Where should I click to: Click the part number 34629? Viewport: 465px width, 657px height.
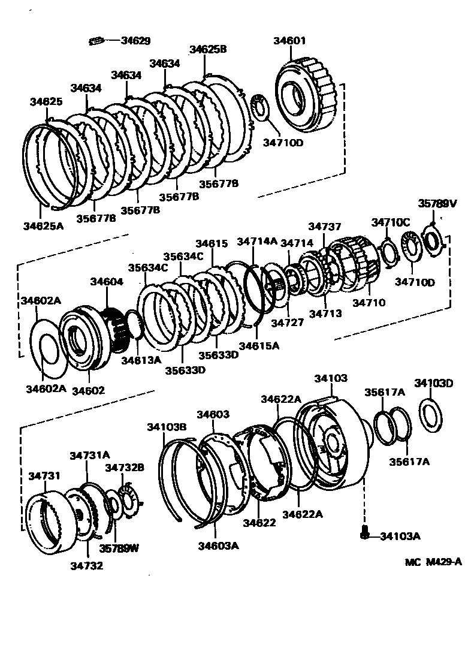click(135, 41)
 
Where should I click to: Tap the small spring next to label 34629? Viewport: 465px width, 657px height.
click(96, 41)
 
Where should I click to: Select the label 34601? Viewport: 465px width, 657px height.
click(289, 41)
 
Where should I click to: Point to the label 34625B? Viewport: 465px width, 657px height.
click(208, 50)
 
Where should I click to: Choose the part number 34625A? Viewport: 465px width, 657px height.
click(43, 226)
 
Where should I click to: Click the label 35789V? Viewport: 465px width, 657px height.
click(437, 204)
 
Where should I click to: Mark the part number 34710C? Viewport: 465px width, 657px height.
click(390, 222)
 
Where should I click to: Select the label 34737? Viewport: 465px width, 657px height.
click(325, 227)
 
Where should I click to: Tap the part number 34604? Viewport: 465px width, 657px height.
click(107, 281)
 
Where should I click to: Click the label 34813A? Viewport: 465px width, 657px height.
click(141, 360)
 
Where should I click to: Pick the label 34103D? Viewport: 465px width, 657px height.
click(434, 384)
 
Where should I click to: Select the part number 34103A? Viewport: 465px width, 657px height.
click(399, 536)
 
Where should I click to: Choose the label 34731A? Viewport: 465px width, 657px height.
click(89, 456)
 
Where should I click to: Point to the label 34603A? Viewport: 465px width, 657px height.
click(218, 546)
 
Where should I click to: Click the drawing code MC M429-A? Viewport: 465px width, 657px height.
click(433, 562)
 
